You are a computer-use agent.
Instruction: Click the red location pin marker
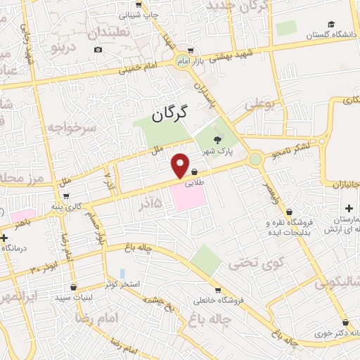click(x=181, y=165)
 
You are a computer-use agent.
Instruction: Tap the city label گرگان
click(x=172, y=113)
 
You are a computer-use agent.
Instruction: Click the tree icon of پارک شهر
click(x=217, y=140)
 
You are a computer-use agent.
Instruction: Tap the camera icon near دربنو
click(x=98, y=49)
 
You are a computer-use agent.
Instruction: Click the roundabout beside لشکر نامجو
click(x=255, y=160)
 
